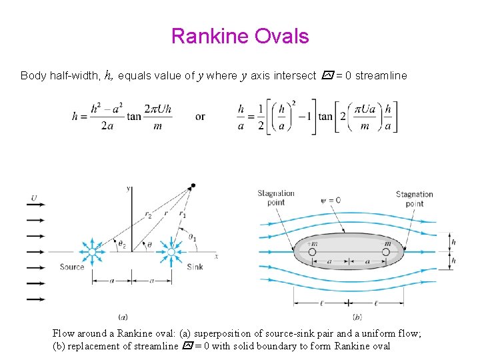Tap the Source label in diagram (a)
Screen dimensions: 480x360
(x=72, y=267)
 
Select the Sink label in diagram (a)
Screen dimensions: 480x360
(x=195, y=267)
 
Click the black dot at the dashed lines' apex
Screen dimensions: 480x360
(x=193, y=185)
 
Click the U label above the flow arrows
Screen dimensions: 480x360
(x=33, y=197)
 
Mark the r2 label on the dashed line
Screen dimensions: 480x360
(x=149, y=216)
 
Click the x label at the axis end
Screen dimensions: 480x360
(x=216, y=256)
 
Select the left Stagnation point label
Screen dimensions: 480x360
(x=276, y=198)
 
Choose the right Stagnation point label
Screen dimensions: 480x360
(x=414, y=199)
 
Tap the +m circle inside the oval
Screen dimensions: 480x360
(x=311, y=252)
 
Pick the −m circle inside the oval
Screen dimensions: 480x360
(x=387, y=252)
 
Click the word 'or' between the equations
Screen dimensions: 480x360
(x=200, y=117)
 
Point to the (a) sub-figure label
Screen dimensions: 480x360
(x=123, y=317)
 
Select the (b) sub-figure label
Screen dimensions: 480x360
(x=357, y=317)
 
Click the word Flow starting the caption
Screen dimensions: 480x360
(x=63, y=333)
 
